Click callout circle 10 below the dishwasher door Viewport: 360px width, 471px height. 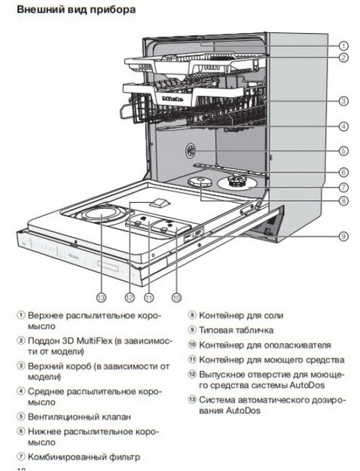(x=178, y=296)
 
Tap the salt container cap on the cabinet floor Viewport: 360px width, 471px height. (x=200, y=183)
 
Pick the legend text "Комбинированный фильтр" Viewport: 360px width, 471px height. (x=83, y=457)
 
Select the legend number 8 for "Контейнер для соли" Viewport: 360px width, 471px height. (x=192, y=315)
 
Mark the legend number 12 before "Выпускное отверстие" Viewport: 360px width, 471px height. (x=192, y=375)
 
